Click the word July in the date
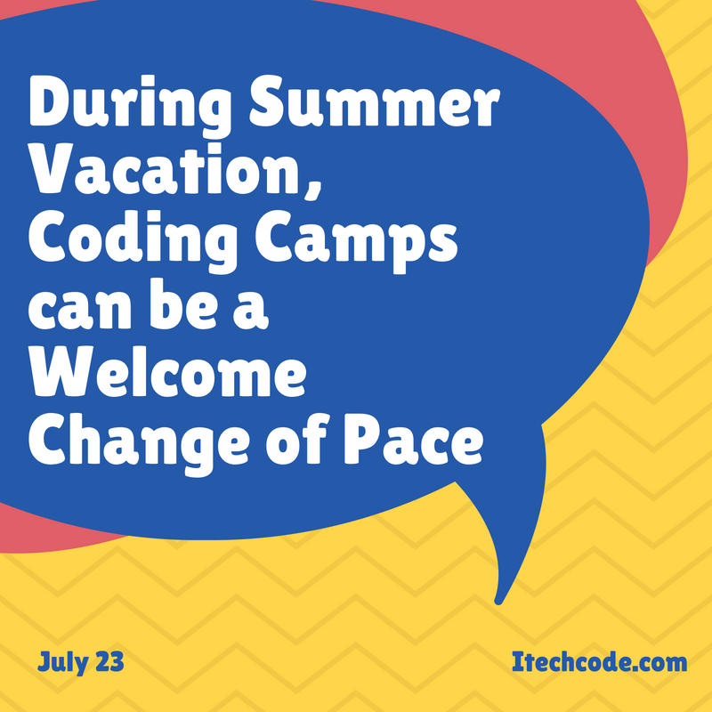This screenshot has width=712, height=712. tap(62, 662)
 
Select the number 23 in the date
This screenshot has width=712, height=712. tap(109, 662)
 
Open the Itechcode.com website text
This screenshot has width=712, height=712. tap(599, 661)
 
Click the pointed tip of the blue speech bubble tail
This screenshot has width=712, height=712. tap(498, 602)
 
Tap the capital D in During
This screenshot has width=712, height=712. tap(51, 101)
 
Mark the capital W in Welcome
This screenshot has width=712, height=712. tap(62, 373)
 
